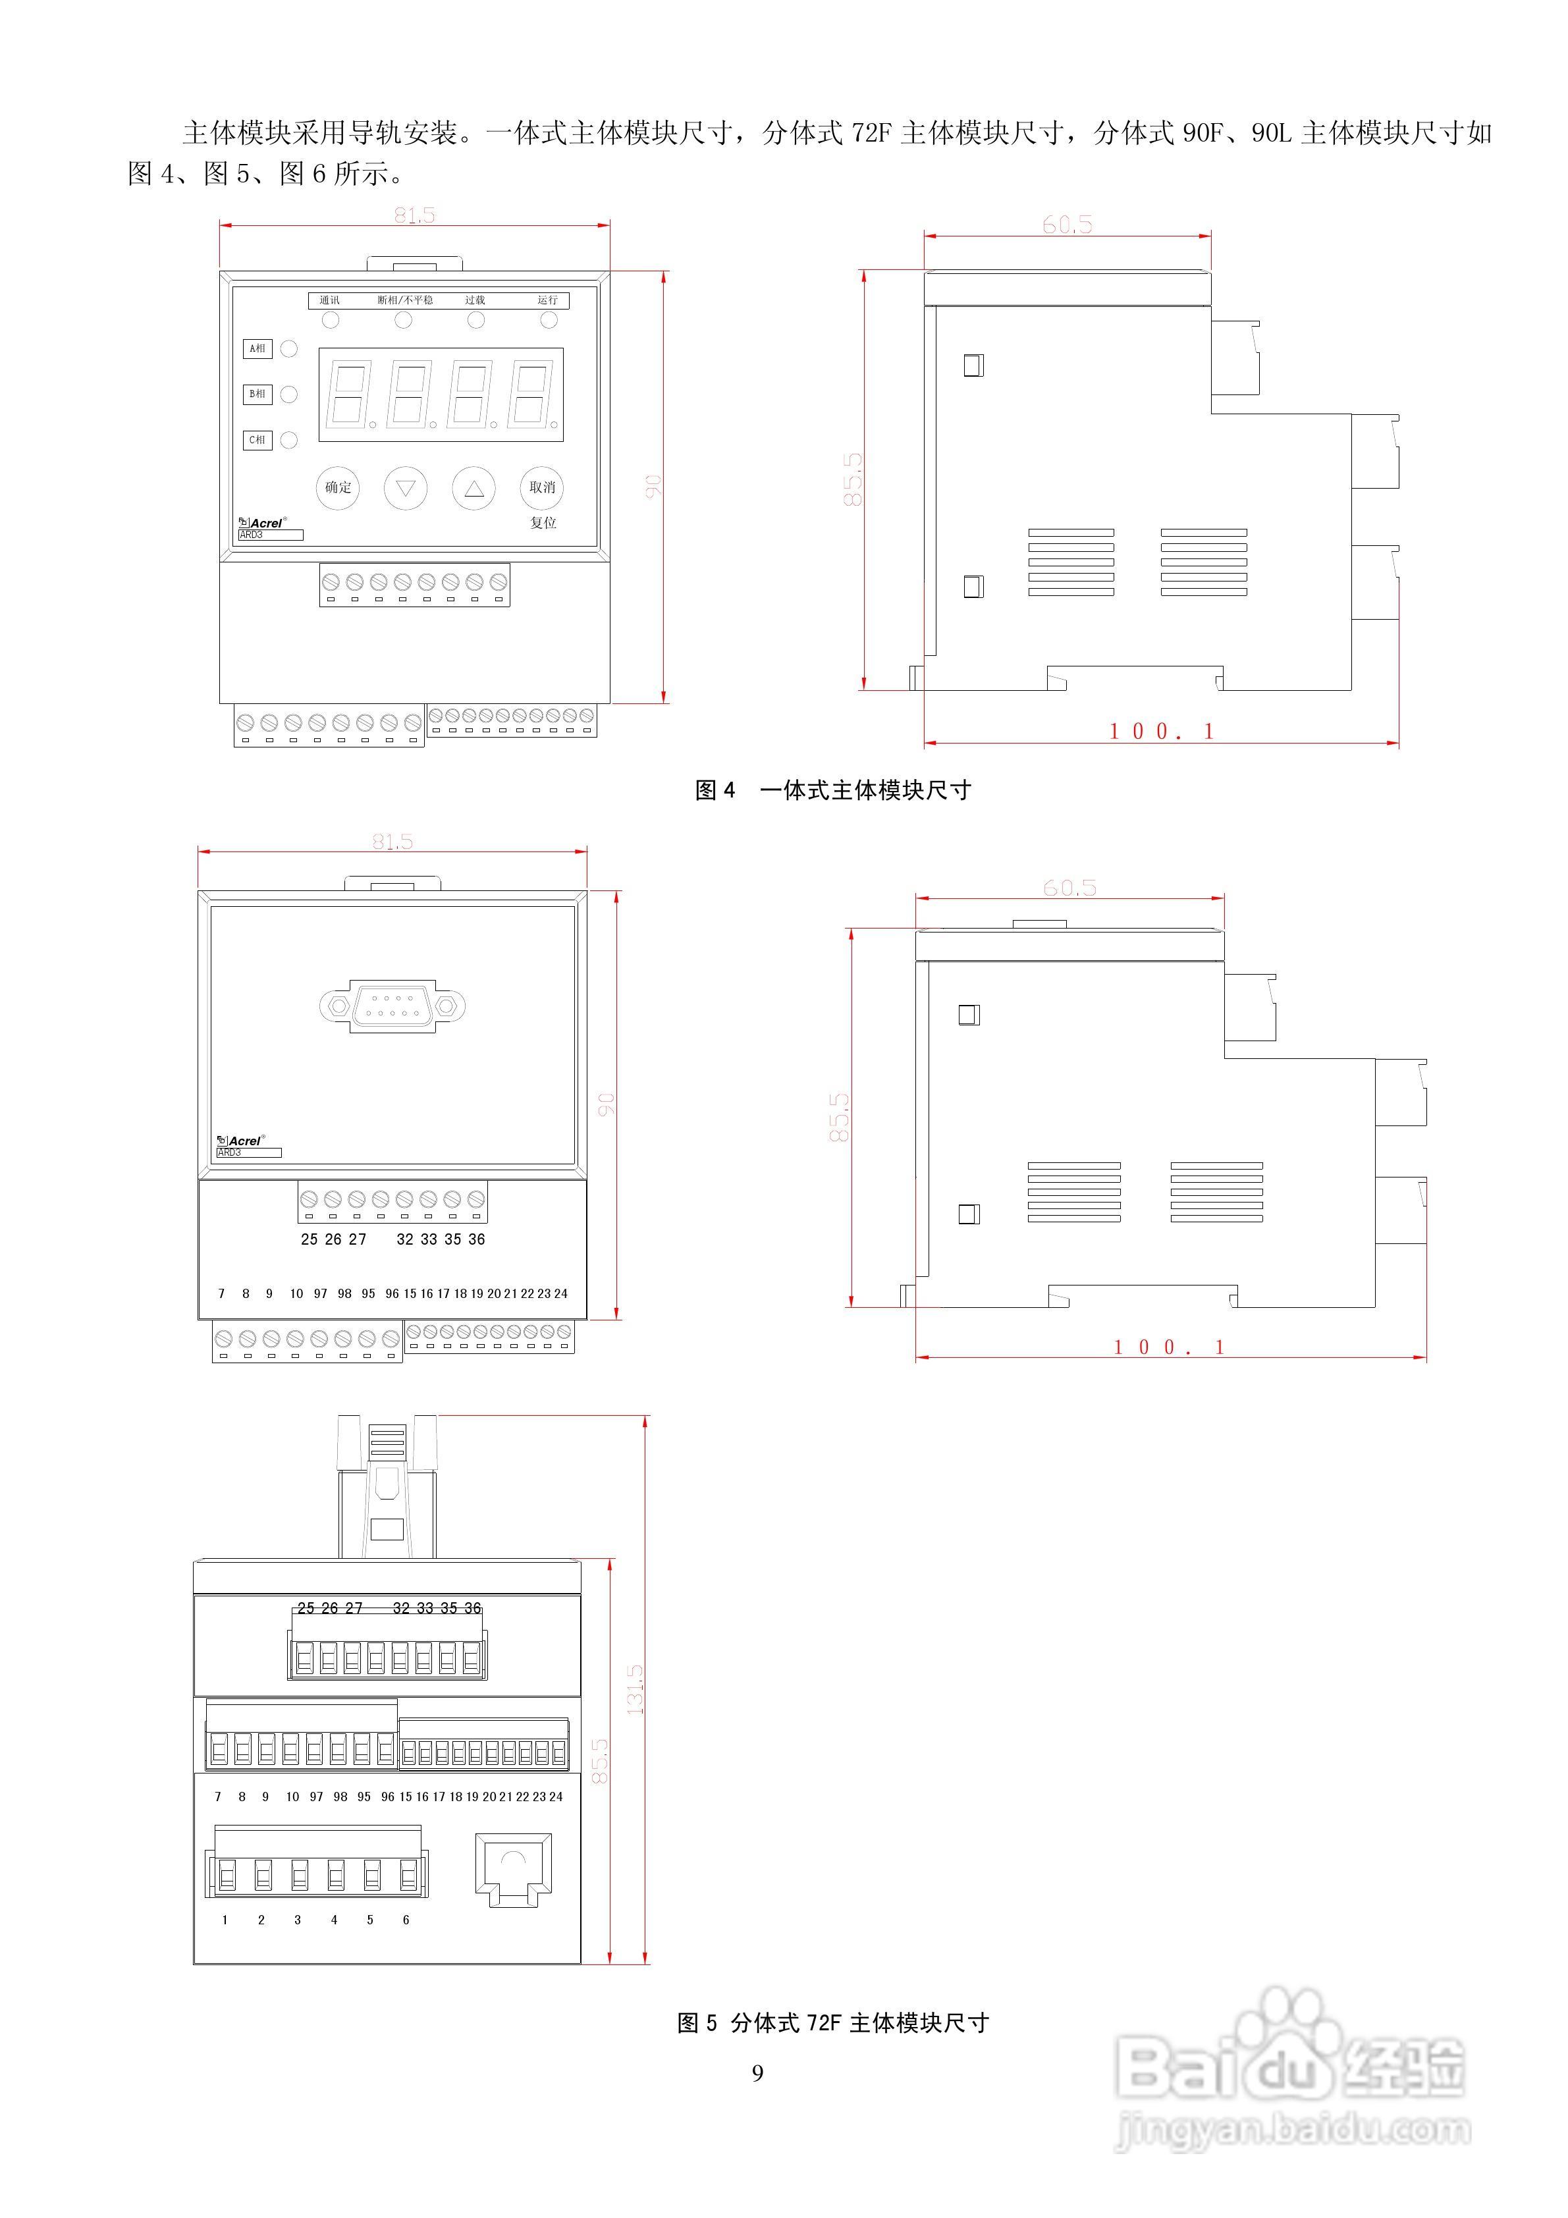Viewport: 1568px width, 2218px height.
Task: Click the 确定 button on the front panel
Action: pos(338,488)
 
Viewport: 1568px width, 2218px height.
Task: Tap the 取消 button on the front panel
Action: pos(542,488)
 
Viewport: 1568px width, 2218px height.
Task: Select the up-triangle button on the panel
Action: pos(473,489)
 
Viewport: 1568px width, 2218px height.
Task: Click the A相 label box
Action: pos(257,349)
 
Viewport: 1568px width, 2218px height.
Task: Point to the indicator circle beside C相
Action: pos(289,441)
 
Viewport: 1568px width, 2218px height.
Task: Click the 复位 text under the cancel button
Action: pos(543,523)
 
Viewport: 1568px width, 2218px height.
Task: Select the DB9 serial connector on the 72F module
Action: pos(392,1006)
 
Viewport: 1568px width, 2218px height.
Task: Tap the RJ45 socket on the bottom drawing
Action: pos(513,1868)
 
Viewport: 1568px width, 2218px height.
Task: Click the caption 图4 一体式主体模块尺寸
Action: pos(833,790)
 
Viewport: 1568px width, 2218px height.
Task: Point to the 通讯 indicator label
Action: pos(329,300)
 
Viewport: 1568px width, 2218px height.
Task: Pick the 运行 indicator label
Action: pos(548,300)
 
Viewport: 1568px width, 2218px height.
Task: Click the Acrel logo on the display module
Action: pos(262,523)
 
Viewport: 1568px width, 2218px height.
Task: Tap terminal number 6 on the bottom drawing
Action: pos(406,1920)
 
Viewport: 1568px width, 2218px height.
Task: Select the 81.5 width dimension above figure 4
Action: pos(414,215)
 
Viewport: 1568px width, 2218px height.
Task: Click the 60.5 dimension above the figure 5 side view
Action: pos(1069,888)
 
